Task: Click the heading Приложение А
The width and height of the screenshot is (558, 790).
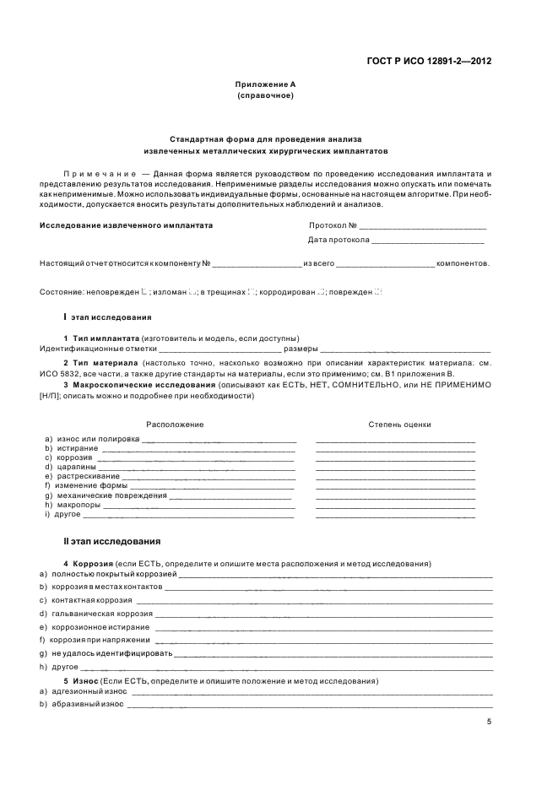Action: pyautogui.click(x=265, y=85)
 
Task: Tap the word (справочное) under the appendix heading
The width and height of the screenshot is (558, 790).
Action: pyautogui.click(x=265, y=96)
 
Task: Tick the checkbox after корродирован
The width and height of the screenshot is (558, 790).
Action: pyautogui.click(x=321, y=291)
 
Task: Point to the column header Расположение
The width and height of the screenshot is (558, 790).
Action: pyautogui.click(x=175, y=425)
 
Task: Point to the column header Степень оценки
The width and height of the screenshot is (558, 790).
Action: pyautogui.click(x=399, y=425)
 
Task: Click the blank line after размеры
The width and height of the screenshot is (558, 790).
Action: pyautogui.click(x=405, y=349)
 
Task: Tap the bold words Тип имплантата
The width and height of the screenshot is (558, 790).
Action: pyautogui.click(x=106, y=338)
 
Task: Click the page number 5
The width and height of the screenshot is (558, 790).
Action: pyautogui.click(x=489, y=722)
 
